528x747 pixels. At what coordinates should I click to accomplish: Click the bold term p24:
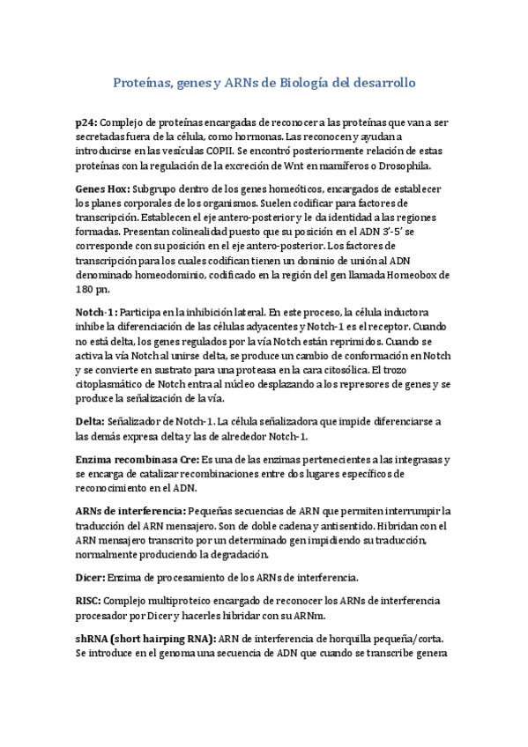[x=87, y=122]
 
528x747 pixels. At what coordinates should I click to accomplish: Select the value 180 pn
[x=91, y=289]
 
